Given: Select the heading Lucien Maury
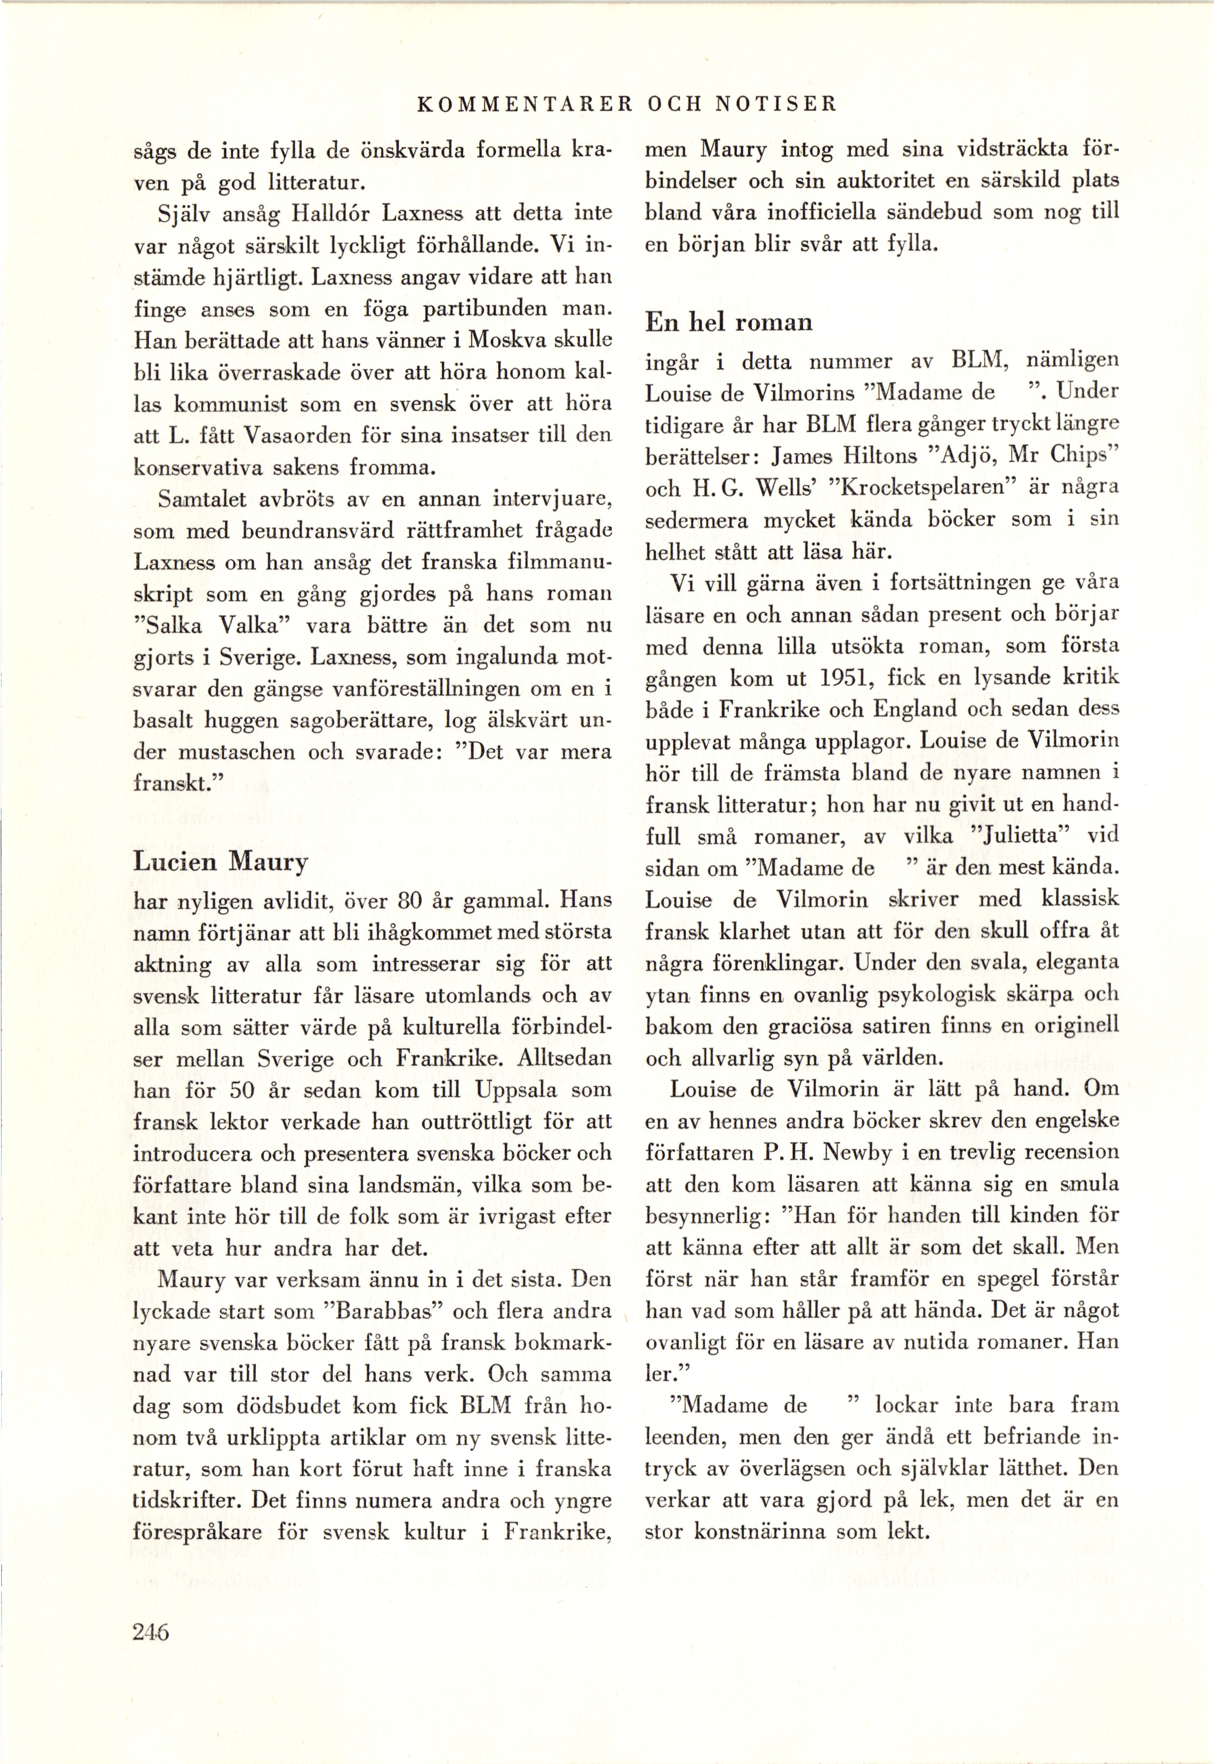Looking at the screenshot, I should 220,861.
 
